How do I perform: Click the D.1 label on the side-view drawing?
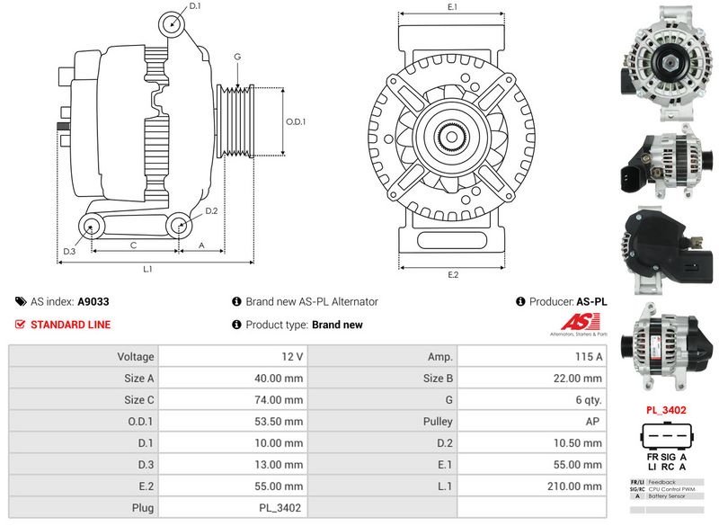click(195, 6)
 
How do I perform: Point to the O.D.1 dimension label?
click(296, 122)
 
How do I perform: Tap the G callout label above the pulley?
click(237, 57)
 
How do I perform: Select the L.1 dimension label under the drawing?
click(147, 269)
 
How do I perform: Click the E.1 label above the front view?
click(452, 7)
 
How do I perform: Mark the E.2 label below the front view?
click(452, 274)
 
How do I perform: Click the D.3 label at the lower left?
click(69, 251)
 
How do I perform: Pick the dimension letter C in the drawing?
click(133, 245)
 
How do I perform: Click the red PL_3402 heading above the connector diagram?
click(667, 410)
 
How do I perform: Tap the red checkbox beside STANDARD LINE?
click(21, 325)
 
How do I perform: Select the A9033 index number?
click(93, 302)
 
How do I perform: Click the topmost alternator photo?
click(667, 59)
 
